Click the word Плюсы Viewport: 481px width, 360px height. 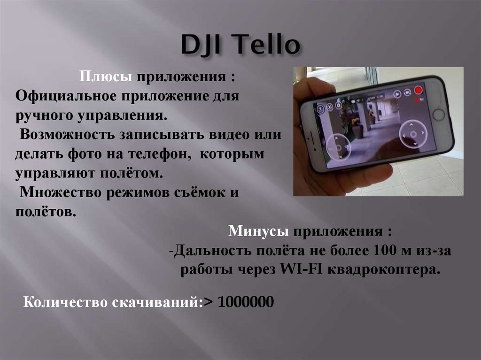tap(105, 77)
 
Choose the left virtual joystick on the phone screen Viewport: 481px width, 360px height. tap(338, 146)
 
